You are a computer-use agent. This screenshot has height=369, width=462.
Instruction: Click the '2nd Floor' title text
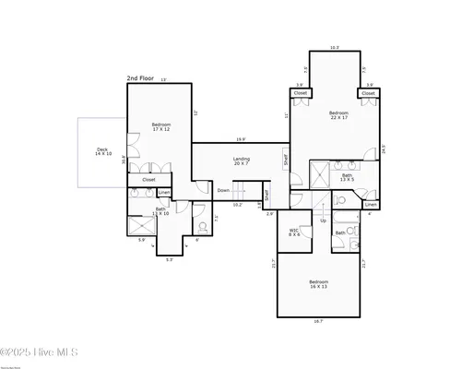[140, 79]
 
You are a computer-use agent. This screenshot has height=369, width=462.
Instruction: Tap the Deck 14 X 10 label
[102, 151]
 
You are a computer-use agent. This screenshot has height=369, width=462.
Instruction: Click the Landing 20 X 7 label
[241, 162]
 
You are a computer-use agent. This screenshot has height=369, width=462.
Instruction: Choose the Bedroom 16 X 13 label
[319, 284]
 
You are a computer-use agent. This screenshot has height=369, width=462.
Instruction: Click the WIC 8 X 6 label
[294, 232]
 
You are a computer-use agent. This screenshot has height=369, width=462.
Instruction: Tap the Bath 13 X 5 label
[348, 177]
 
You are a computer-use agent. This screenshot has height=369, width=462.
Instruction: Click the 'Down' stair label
[223, 191]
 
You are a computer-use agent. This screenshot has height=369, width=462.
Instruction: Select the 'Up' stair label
[323, 220]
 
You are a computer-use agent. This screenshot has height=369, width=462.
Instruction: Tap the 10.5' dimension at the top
[335, 47]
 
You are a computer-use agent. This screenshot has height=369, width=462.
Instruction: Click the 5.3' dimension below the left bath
[170, 259]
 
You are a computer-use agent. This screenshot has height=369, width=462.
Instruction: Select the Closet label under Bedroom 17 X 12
[148, 180]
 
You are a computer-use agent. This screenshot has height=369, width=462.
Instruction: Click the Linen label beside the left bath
[163, 193]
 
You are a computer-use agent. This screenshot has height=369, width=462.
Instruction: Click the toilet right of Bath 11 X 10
[201, 225]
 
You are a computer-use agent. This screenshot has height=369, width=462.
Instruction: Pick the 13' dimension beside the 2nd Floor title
[164, 79]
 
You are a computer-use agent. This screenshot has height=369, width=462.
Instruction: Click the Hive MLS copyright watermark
[40, 351]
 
